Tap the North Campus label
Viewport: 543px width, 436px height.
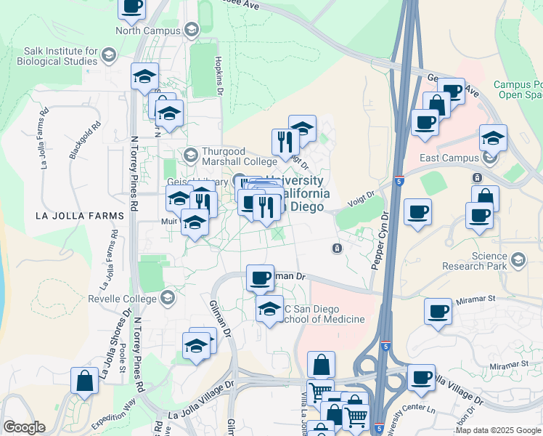[x=150, y=31]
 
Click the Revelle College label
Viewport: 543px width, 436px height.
[x=123, y=299]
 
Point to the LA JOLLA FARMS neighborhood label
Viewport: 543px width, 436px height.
[x=76, y=216]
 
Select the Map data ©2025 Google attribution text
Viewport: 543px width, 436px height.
[x=497, y=430]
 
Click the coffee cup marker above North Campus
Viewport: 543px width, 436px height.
[x=132, y=7]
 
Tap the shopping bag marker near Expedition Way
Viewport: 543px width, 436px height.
[x=84, y=381]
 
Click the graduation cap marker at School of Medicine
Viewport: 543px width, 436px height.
[x=269, y=309]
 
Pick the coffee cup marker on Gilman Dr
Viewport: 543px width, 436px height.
[x=260, y=277]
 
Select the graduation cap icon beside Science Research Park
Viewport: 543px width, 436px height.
[x=518, y=259]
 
